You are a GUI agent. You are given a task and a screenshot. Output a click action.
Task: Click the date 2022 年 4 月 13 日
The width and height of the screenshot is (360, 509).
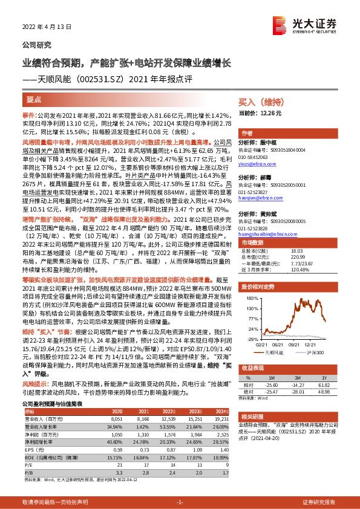pos(47,27)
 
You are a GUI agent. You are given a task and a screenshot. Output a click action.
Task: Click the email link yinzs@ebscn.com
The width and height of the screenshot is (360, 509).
pos(256,163)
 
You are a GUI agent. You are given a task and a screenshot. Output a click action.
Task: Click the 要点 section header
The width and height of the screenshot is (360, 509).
pos(34,99)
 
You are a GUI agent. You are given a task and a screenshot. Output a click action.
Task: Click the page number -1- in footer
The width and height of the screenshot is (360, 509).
pos(180,502)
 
